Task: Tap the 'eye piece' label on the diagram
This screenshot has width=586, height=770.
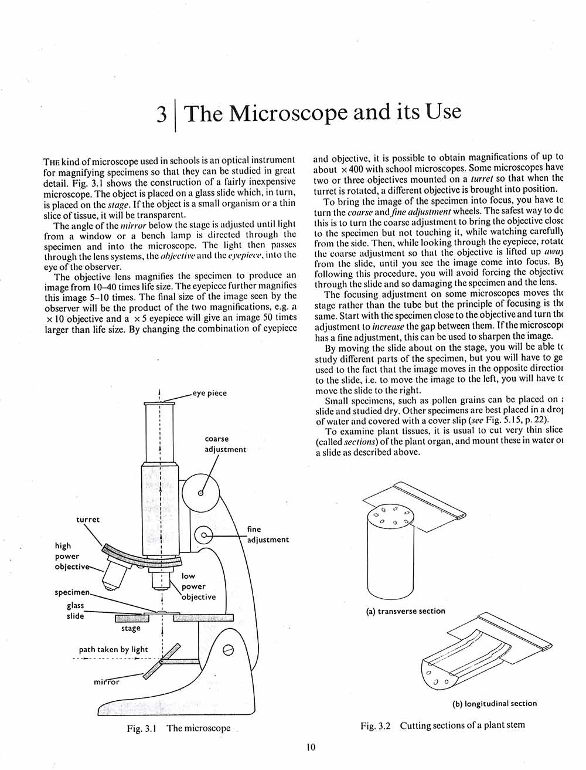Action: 209,393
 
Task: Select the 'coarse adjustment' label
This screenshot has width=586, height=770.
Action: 225,444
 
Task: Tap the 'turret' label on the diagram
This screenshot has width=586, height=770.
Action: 88,520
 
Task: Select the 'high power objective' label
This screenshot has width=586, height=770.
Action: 70,557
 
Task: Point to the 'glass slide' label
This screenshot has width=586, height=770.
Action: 75,610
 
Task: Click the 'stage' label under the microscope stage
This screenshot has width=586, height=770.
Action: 131,628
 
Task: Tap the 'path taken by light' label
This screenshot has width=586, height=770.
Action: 114,649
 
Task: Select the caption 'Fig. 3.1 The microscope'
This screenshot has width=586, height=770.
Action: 179,728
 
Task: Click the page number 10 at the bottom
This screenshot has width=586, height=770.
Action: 311,747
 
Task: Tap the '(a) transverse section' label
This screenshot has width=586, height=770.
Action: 406,611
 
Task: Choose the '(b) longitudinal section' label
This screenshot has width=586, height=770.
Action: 495,703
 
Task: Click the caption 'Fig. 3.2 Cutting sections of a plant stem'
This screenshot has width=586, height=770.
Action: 442,725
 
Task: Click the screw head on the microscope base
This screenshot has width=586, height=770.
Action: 229,649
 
